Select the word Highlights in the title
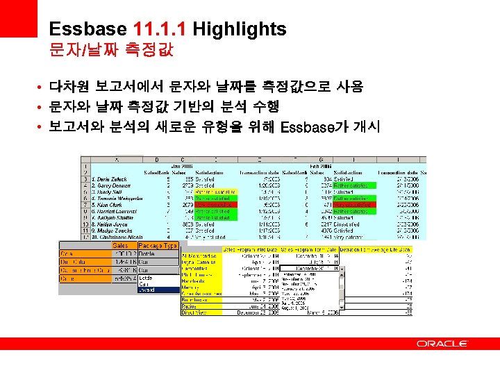coord(239,29)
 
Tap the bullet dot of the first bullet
coord(42,87)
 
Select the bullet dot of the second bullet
coord(42,107)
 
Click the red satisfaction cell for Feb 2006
coord(353,205)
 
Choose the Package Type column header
coord(158,245)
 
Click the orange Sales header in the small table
coord(119,245)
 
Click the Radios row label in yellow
coord(192,306)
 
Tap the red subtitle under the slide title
coord(111,51)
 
